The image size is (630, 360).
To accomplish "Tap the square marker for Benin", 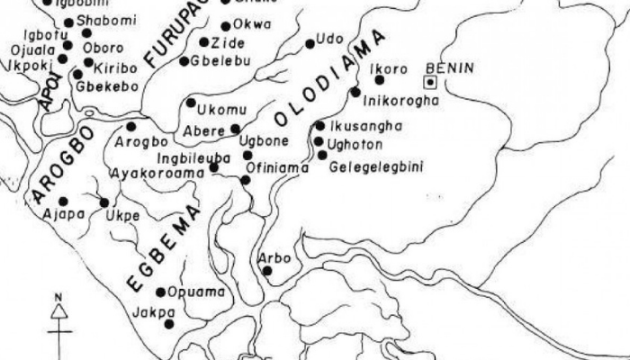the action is click(431, 82).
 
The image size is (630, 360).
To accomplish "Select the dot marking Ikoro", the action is click(379, 79).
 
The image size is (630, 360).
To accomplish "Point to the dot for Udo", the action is click(310, 43).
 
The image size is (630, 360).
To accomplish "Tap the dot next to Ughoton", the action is click(319, 141).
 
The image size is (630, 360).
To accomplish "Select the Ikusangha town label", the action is click(364, 126).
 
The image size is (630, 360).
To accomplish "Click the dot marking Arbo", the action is click(266, 270).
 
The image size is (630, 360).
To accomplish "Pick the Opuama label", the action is click(191, 292).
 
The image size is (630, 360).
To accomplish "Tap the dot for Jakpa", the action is click(168, 324).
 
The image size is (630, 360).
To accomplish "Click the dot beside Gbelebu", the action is click(184, 61).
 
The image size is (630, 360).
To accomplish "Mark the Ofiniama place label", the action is click(277, 167).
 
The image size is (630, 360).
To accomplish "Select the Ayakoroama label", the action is click(150, 171).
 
